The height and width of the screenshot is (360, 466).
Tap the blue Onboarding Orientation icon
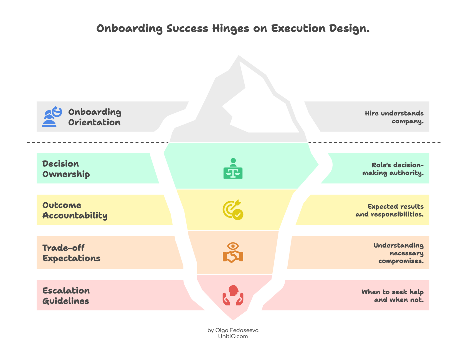[52, 117]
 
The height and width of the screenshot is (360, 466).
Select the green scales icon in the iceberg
[233, 168]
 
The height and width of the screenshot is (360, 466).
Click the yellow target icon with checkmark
[233, 210]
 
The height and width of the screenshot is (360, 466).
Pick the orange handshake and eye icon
[233, 252]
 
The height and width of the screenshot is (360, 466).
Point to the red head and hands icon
[233, 295]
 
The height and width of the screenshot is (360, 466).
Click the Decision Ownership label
[66, 169]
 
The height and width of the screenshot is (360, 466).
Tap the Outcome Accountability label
[75, 210]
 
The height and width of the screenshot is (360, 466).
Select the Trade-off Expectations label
[71, 253]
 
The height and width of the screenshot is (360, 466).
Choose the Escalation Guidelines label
[66, 296]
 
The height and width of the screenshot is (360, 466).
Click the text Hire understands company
[394, 117]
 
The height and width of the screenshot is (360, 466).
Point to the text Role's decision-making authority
[393, 169]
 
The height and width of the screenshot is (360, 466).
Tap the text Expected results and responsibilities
[390, 210]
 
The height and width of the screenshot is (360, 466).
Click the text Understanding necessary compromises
[399, 253]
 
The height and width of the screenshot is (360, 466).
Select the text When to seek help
[392, 292]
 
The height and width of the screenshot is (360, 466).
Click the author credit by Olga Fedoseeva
[233, 330]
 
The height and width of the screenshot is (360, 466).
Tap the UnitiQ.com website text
[233, 336]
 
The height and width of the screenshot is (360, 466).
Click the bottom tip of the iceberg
[233, 320]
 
